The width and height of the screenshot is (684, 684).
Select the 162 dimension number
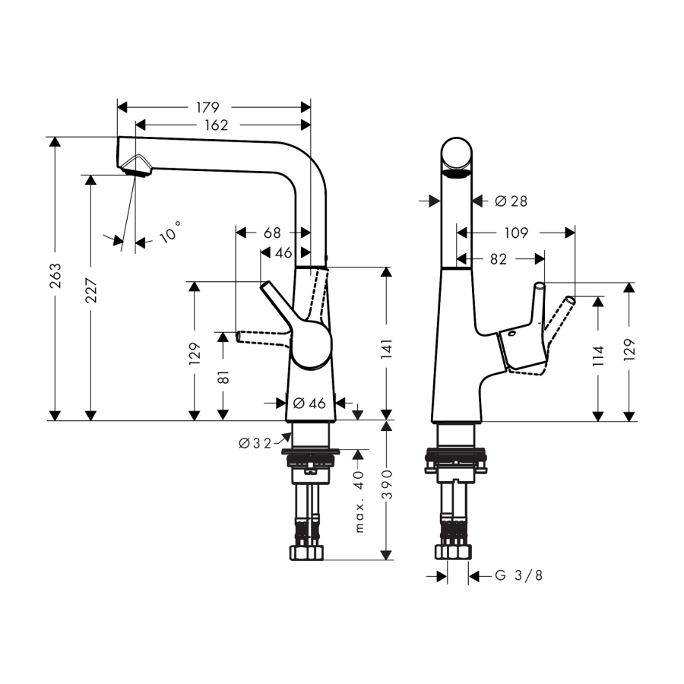pos(216,125)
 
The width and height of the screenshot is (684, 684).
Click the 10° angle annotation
pos(171,231)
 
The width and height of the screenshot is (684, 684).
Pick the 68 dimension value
pos(272,233)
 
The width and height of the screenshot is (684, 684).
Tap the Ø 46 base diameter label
pos(309,404)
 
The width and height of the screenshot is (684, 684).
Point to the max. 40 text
pos(360,501)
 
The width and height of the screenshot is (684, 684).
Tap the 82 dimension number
pos(498,259)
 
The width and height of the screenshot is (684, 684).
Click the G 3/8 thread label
pos(519,576)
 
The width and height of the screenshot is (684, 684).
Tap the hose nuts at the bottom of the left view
pos(306,552)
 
